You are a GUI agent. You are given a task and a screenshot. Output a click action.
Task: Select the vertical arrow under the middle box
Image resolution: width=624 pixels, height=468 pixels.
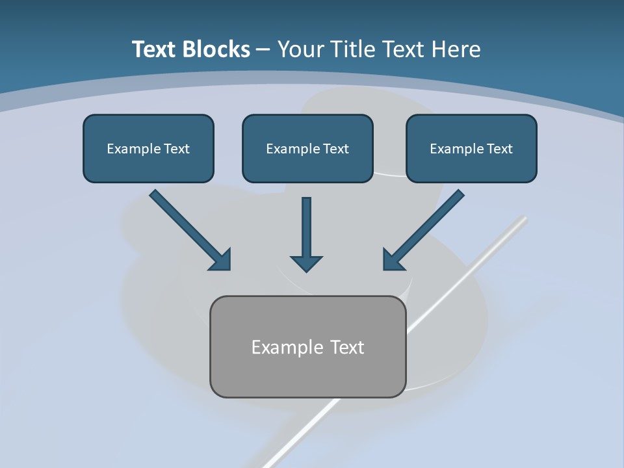coord(306,234)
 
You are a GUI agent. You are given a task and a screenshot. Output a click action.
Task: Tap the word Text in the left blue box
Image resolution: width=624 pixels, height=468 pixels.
coord(177,149)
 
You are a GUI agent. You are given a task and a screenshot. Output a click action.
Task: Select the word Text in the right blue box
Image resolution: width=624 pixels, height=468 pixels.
coord(500,149)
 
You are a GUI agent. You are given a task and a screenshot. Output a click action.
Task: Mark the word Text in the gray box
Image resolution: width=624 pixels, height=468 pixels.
coord(348,348)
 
